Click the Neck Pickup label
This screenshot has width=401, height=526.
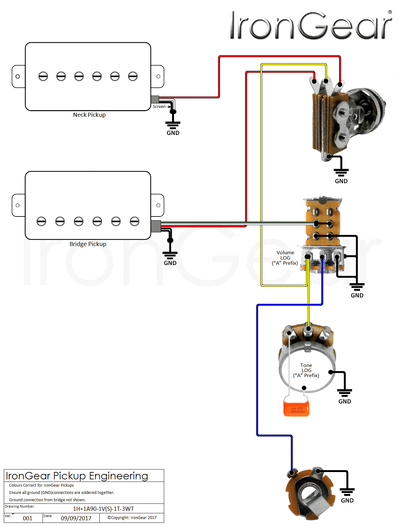89,115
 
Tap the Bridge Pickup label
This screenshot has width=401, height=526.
88,244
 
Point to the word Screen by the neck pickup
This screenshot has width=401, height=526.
159,107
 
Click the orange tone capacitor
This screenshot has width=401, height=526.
296,409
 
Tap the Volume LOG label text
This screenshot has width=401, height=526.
285,258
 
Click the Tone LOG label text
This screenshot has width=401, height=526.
306,370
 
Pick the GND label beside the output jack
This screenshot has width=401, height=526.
347,501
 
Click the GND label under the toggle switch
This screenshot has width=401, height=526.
341,181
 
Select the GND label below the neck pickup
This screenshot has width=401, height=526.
173,133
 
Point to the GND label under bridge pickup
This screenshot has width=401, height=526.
170,263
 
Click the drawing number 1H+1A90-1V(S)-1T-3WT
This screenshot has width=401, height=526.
104,509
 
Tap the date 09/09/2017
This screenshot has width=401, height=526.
76,518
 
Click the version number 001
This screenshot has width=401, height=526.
28,518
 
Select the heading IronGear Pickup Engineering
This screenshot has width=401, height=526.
77,476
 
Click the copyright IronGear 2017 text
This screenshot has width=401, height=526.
132,518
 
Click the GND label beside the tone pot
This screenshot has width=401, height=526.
345,402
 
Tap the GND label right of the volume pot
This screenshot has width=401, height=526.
357,296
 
